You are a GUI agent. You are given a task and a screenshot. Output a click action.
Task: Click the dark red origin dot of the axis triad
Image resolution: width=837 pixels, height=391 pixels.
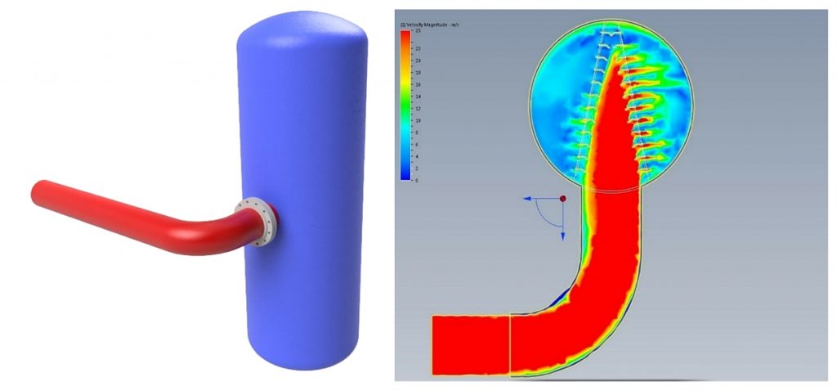click(563, 198)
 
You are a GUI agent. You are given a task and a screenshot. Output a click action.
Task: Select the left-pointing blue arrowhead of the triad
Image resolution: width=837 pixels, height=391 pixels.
click(528, 198)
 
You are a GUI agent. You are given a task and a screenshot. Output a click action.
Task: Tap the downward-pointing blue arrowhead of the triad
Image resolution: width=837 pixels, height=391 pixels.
click(563, 236)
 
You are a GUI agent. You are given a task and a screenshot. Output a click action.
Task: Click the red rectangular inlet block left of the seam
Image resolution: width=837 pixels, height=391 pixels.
click(470, 345)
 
